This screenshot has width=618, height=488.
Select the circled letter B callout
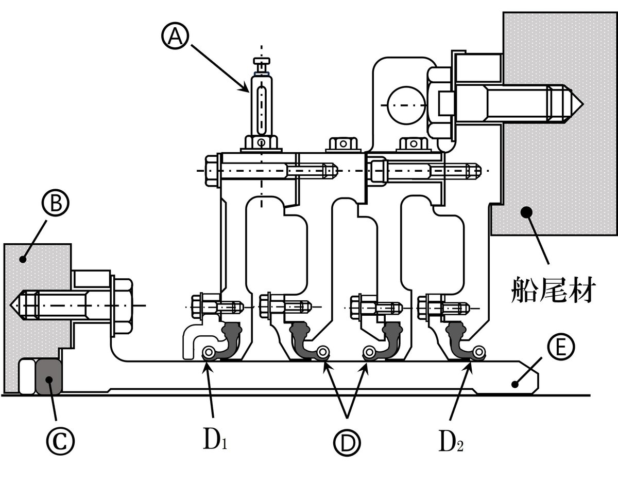pyautogui.click(x=56, y=204)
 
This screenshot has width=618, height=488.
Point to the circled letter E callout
pyautogui.click(x=557, y=348)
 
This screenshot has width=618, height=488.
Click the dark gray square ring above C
pyautogui.click(x=49, y=377)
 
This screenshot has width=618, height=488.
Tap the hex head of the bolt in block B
pyautogui.click(x=122, y=305)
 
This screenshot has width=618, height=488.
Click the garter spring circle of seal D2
pyautogui.click(x=479, y=352)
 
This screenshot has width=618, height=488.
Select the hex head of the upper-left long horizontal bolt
pyautogui.click(x=212, y=170)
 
